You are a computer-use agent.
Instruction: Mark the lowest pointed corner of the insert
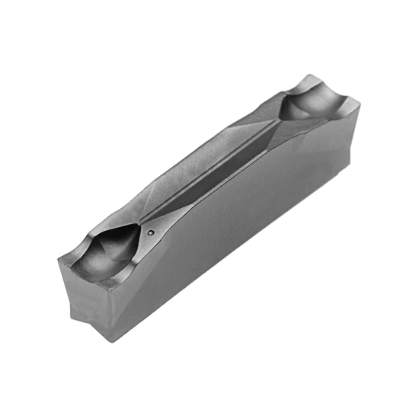tap(114, 342)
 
